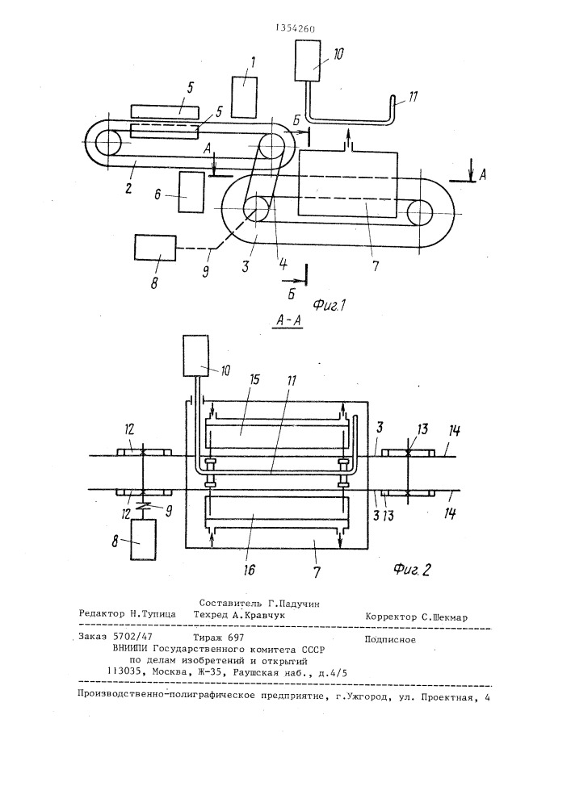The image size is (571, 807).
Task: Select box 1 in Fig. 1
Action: pos(245,98)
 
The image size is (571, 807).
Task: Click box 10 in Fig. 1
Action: pos(308,61)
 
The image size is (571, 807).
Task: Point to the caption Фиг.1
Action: pos(329,306)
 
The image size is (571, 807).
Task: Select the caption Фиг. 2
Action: pos(412,569)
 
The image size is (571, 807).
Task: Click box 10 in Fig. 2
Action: pos(195,356)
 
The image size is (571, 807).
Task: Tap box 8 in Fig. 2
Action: pos(144,540)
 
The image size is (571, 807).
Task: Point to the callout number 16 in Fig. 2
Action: pos(249,569)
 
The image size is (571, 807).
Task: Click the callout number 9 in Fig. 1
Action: pos(205,270)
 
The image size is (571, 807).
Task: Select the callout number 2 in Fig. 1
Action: pos(128,186)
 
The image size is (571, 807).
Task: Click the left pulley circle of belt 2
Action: pos(107,142)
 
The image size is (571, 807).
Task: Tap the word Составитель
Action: pos(231,604)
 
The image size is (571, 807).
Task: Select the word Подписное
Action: pos(390,640)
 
